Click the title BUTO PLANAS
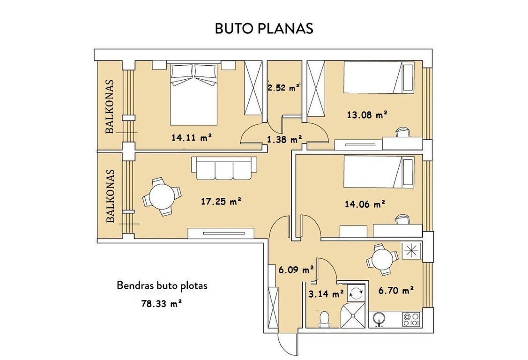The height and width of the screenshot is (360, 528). [x=264, y=29]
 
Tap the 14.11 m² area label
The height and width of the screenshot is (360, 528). [x=192, y=137]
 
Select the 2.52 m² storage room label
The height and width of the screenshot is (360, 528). [x=283, y=88]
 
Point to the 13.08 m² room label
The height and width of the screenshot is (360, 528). [x=367, y=115]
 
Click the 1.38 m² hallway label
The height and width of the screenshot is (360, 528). [x=284, y=139]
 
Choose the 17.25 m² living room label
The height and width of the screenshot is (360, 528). [x=221, y=202]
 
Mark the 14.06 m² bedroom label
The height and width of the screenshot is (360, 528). [x=365, y=204]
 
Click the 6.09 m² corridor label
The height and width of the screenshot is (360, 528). [x=296, y=270]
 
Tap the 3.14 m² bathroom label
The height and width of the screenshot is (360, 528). [x=326, y=294]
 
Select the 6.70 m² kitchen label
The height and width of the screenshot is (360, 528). [x=396, y=290]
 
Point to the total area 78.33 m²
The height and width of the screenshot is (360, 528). [x=162, y=303]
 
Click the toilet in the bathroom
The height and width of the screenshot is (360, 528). [x=324, y=319]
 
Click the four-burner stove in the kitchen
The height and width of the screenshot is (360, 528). [x=411, y=319]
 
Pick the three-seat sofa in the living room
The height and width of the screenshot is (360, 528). [x=224, y=168]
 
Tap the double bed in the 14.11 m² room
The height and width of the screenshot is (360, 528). [x=193, y=94]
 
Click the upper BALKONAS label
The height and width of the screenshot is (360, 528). [x=110, y=107]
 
